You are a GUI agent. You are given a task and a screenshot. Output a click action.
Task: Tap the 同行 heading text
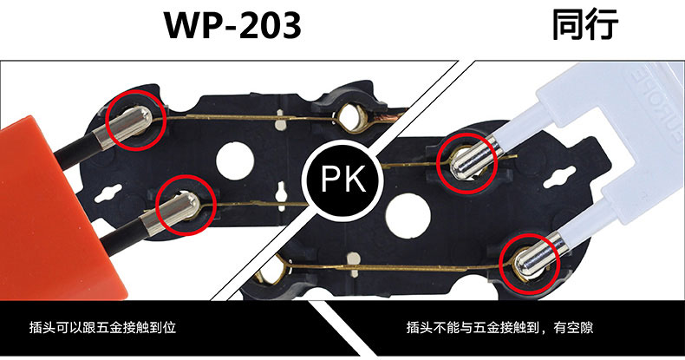(x=586, y=24)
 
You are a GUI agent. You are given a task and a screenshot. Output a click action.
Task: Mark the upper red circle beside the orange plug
(x=135, y=119)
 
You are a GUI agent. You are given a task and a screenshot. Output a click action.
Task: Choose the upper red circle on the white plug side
(x=469, y=162)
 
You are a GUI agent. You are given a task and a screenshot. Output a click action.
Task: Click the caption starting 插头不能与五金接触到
(x=499, y=329)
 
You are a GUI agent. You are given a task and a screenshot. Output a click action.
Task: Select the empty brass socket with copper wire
(x=352, y=117)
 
